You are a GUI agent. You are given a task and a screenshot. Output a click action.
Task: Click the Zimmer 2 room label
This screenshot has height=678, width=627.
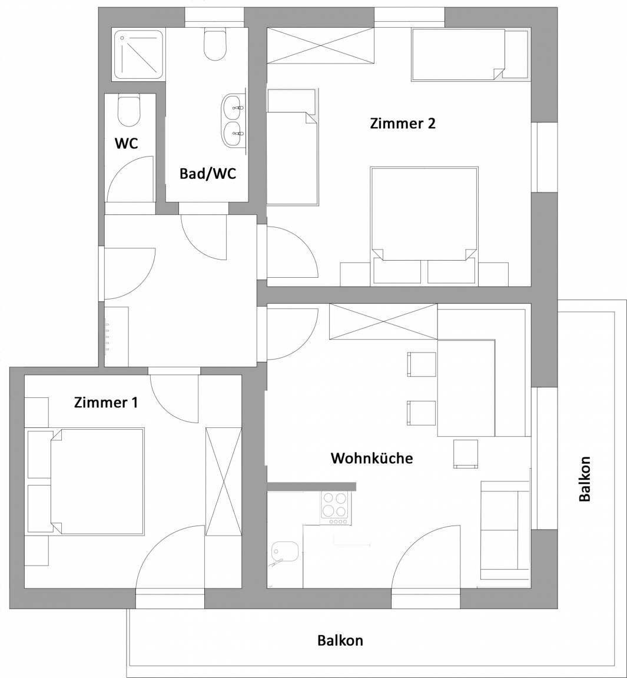tap(403, 124)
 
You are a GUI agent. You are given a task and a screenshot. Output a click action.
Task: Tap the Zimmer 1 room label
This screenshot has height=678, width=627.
tap(106, 403)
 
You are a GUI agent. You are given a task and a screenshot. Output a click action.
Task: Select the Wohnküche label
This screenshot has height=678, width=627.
tap(372, 458)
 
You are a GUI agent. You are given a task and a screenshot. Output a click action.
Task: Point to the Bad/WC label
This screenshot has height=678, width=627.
tap(208, 174)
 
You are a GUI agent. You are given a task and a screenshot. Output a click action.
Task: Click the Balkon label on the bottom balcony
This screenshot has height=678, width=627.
tap(340, 640)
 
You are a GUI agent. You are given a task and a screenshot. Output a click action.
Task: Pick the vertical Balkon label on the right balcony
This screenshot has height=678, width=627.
tap(584, 478)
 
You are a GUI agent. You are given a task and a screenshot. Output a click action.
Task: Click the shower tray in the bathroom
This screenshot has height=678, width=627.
tap(138, 55)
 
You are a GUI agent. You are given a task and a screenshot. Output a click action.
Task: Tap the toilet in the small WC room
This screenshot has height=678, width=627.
tap(129, 110)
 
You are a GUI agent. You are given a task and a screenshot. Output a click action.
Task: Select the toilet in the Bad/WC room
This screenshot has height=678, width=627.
tap(215, 44)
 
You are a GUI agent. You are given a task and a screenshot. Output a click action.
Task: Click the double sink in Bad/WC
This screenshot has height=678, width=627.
tap(234, 121)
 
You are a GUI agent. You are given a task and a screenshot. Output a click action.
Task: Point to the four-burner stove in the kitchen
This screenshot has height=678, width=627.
tap(335, 508)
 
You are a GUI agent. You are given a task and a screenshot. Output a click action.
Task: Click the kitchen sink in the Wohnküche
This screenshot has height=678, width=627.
tap(285, 553)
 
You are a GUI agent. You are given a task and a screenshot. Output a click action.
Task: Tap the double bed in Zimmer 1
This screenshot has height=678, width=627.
tap(97, 481)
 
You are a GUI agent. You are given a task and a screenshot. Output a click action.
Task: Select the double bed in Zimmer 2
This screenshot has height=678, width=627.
tap(424, 214)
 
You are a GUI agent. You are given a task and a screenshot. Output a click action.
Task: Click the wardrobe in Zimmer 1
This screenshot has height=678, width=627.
tap(224, 481)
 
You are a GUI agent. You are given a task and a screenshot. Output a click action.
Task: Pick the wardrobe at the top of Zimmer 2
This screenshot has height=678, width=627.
tap(320, 45)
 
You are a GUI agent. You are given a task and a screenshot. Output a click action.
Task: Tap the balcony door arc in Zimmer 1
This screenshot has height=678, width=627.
tap(170, 557)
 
